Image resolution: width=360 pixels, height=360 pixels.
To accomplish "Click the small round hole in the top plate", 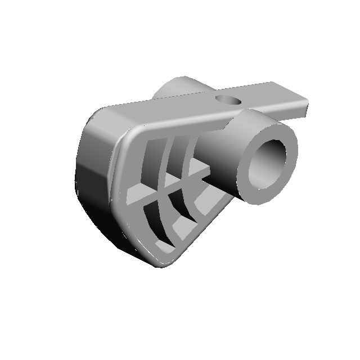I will click(x=229, y=101).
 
